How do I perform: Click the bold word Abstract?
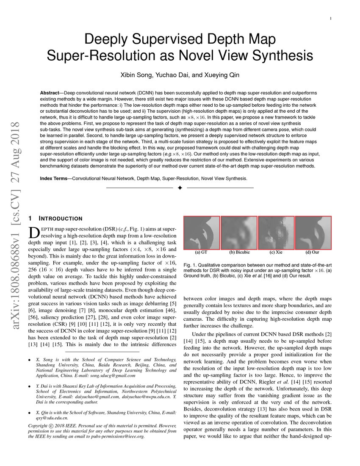click(x=52, y=93)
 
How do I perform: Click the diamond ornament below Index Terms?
click(x=180, y=188)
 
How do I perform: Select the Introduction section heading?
click(x=61, y=219)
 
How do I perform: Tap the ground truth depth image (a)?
click(x=202, y=233)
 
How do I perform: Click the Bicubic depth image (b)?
click(x=238, y=233)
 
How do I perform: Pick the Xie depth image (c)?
click(x=276, y=233)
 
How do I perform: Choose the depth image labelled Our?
click(x=313, y=233)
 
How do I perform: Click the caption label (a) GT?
click(x=201, y=253)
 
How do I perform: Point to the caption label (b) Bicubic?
click(x=239, y=253)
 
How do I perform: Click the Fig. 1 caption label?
click(x=190, y=265)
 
